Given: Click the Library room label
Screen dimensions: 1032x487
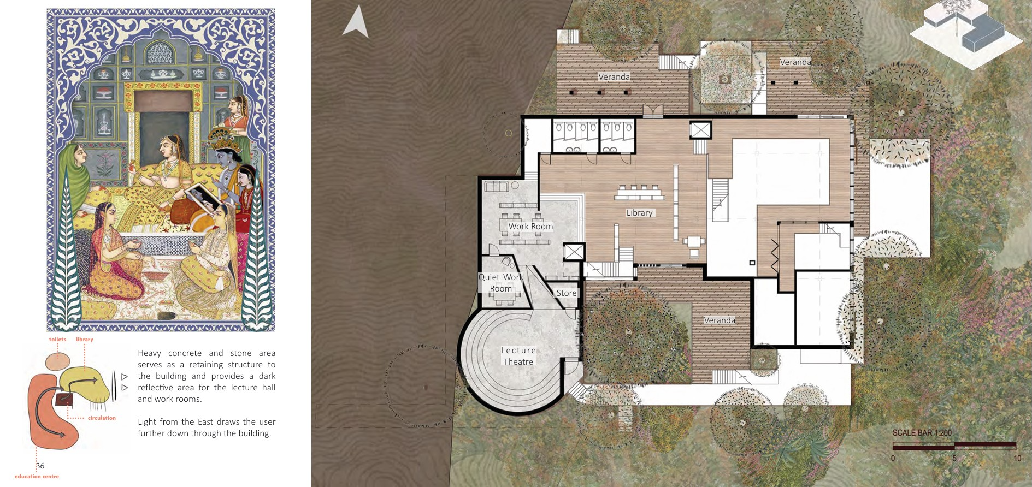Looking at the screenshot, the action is pyautogui.click(x=639, y=213).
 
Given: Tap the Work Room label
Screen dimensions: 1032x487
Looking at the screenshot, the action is pyautogui.click(x=530, y=227).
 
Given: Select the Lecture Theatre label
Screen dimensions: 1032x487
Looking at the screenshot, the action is pyautogui.click(x=518, y=356).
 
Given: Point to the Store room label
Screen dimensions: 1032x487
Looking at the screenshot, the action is pyautogui.click(x=567, y=293).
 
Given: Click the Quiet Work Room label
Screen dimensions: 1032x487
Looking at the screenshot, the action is pyautogui.click(x=501, y=283).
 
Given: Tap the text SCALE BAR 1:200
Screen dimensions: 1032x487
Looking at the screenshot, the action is pyautogui.click(x=922, y=433).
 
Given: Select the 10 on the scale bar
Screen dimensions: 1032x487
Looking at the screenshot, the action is pyautogui.click(x=1017, y=459).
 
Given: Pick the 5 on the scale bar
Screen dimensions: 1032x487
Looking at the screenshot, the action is pyautogui.click(x=954, y=459).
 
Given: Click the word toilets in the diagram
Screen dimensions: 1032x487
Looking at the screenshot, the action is pyautogui.click(x=57, y=340).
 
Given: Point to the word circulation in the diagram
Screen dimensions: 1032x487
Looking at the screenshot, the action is pyautogui.click(x=102, y=418).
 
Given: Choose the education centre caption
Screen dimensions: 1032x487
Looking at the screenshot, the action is pyautogui.click(x=37, y=477).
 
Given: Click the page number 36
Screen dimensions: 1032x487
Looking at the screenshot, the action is pyautogui.click(x=40, y=466).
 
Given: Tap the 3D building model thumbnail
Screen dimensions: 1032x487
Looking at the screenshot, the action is pyautogui.click(x=965, y=27).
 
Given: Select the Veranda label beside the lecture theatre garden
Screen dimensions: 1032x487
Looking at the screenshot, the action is pyautogui.click(x=720, y=320).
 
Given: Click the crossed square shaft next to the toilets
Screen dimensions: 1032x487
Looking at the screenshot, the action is pyautogui.click(x=700, y=130).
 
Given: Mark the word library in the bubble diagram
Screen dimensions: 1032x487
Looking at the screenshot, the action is pyautogui.click(x=85, y=340).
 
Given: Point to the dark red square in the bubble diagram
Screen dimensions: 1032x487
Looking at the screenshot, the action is pyautogui.click(x=64, y=400).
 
